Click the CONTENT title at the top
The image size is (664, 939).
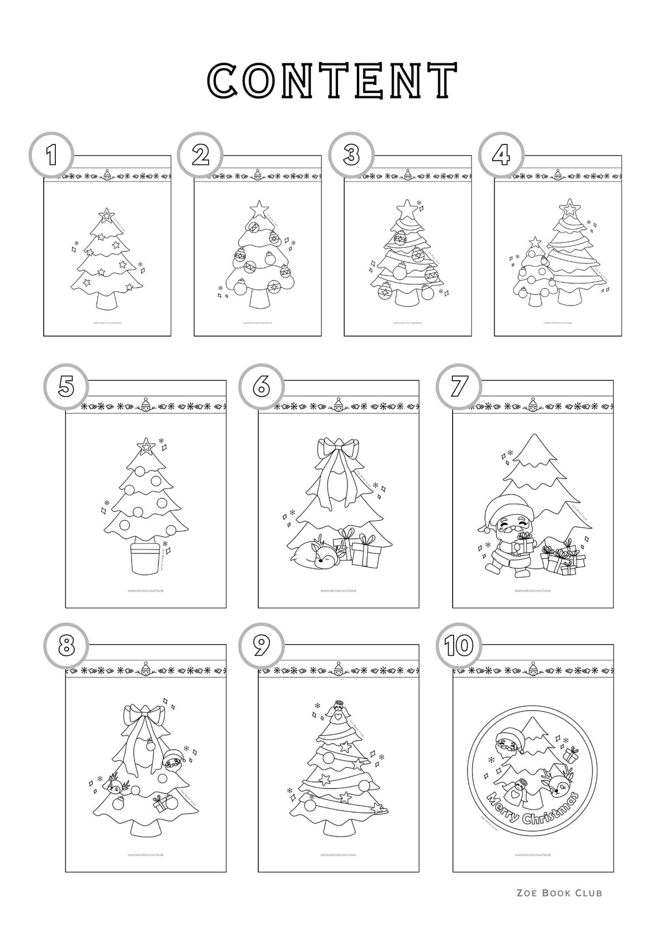332,81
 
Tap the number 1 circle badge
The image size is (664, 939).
51,155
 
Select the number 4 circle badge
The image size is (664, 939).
501,155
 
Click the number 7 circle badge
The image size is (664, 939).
458,386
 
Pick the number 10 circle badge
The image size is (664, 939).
459,645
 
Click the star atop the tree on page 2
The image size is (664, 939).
258,209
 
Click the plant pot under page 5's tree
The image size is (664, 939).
146,560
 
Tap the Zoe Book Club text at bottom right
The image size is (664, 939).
559,893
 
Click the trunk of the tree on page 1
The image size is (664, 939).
107,302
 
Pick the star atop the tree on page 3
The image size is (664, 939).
408,210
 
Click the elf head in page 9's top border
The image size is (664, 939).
338,669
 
